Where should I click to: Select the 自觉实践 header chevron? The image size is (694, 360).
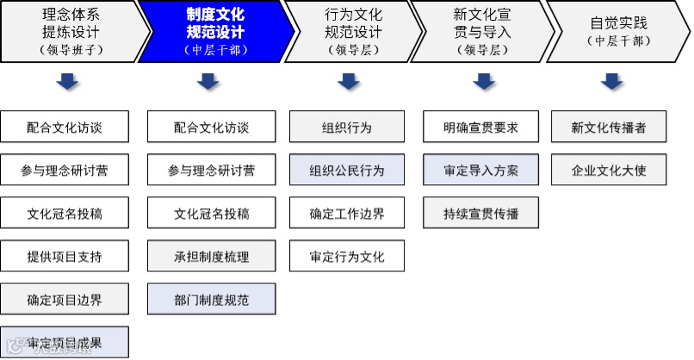tap(617, 31)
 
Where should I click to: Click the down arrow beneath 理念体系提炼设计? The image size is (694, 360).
tap(67, 82)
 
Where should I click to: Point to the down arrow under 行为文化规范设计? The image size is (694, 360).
tap(347, 82)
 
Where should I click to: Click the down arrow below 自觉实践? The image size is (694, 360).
tap(611, 82)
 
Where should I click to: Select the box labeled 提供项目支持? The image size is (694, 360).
tap(65, 257)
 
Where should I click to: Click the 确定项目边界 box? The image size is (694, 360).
tap(65, 300)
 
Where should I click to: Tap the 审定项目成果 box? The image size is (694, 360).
tap(65, 342)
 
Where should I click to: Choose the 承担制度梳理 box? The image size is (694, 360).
tap(212, 257)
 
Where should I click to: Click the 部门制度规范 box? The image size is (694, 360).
tap(212, 300)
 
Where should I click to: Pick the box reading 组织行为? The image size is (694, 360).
tap(347, 127)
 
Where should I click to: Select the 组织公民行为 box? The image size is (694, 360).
tap(347, 170)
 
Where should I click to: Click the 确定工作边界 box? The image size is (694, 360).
tap(347, 213)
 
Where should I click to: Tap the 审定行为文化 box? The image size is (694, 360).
tap(347, 257)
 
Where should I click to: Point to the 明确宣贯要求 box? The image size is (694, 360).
tap(481, 127)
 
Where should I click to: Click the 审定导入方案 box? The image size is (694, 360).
tap(481, 170)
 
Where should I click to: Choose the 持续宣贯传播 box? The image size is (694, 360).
tap(481, 213)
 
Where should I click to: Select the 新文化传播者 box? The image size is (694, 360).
tap(609, 127)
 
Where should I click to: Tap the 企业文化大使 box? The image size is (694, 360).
tap(609, 170)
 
